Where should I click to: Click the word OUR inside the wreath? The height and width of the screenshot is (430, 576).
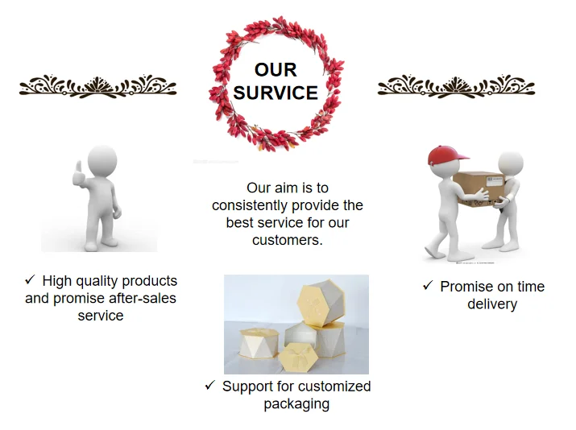(276, 70)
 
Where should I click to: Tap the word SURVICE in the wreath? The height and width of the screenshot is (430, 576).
(276, 93)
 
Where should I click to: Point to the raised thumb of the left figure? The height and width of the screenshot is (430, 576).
(78, 169)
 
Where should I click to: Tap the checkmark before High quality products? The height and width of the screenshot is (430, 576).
(30, 280)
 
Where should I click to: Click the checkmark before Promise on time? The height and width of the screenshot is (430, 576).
(428, 286)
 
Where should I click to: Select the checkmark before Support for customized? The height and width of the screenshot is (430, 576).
(209, 386)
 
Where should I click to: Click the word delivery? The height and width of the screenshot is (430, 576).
(491, 304)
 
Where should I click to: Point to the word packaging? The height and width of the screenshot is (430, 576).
(296, 404)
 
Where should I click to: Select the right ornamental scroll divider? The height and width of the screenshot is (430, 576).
(456, 85)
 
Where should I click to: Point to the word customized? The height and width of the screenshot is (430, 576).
(330, 387)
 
